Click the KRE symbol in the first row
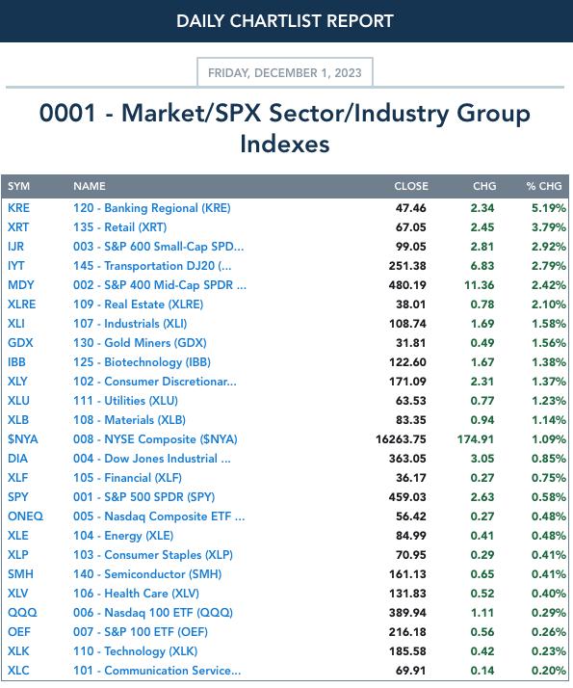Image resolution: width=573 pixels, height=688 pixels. click(x=18, y=208)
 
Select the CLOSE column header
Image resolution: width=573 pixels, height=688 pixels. click(x=411, y=186)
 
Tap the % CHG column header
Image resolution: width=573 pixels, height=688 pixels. click(x=543, y=186)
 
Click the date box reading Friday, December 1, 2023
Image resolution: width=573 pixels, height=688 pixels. click(x=285, y=72)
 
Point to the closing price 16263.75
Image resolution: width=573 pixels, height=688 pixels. click(x=401, y=439)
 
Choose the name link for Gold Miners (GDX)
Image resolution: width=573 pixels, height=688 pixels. click(x=140, y=343)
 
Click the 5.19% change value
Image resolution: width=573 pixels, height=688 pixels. click(x=549, y=208)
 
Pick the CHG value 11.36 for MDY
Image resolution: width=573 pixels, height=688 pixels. click(x=480, y=285)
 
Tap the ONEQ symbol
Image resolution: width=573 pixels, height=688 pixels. click(x=25, y=516)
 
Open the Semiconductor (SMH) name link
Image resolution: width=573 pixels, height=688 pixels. click(x=147, y=574)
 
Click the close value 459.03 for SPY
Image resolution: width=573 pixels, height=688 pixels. click(x=406, y=497)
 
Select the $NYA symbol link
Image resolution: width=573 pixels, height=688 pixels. click(x=23, y=439)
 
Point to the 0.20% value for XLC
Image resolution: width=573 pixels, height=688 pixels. click(x=549, y=671)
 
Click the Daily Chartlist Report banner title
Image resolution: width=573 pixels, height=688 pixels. click(x=285, y=21)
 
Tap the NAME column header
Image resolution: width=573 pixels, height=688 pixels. click(x=90, y=186)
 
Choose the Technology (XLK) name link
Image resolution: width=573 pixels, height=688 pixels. click(x=135, y=651)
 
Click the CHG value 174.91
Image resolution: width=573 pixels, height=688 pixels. click(x=475, y=439)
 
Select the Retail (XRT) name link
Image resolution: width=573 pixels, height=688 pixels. click(x=119, y=227)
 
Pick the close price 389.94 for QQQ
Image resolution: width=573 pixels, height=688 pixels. click(x=406, y=613)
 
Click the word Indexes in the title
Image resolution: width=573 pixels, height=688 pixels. click(x=285, y=144)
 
